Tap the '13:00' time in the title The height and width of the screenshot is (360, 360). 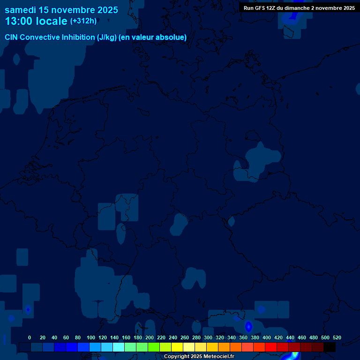(x=19, y=21)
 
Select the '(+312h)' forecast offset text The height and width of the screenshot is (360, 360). (x=83, y=21)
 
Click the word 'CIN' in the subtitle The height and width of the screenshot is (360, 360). (x=12, y=37)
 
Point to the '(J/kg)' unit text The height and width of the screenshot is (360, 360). (x=107, y=37)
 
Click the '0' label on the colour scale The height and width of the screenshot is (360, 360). (x=30, y=337)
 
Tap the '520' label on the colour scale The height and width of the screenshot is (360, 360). (x=337, y=337)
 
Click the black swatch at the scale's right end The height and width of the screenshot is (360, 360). (x=330, y=347)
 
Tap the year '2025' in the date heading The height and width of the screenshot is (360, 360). (x=108, y=10)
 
